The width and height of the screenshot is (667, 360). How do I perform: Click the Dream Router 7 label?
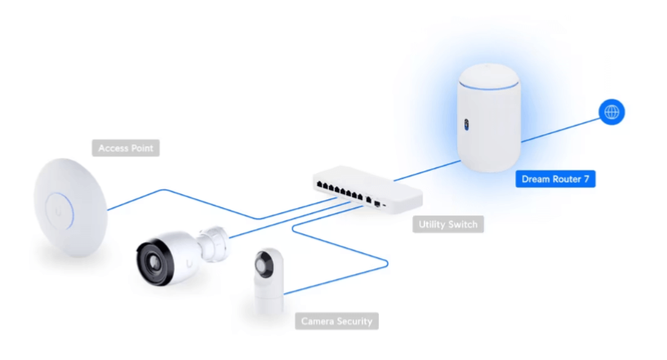tap(555, 179)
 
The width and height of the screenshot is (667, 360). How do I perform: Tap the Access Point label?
tap(126, 148)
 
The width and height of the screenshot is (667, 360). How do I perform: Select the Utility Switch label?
tap(448, 224)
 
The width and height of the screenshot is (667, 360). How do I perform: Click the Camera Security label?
tap(336, 322)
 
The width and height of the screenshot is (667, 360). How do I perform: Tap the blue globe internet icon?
tap(611, 112)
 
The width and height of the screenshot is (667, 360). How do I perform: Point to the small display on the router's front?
tap(467, 125)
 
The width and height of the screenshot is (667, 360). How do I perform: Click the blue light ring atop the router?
tap(488, 87)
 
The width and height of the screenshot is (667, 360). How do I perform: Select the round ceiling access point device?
tap(70, 207)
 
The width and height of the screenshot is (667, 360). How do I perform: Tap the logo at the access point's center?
tap(58, 211)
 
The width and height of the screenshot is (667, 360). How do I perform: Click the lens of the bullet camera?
tap(154, 261)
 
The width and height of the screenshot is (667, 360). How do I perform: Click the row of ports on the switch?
tap(340, 191)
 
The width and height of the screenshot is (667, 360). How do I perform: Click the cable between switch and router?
tap(427, 171)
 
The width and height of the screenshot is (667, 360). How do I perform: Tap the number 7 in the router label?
tap(587, 179)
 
